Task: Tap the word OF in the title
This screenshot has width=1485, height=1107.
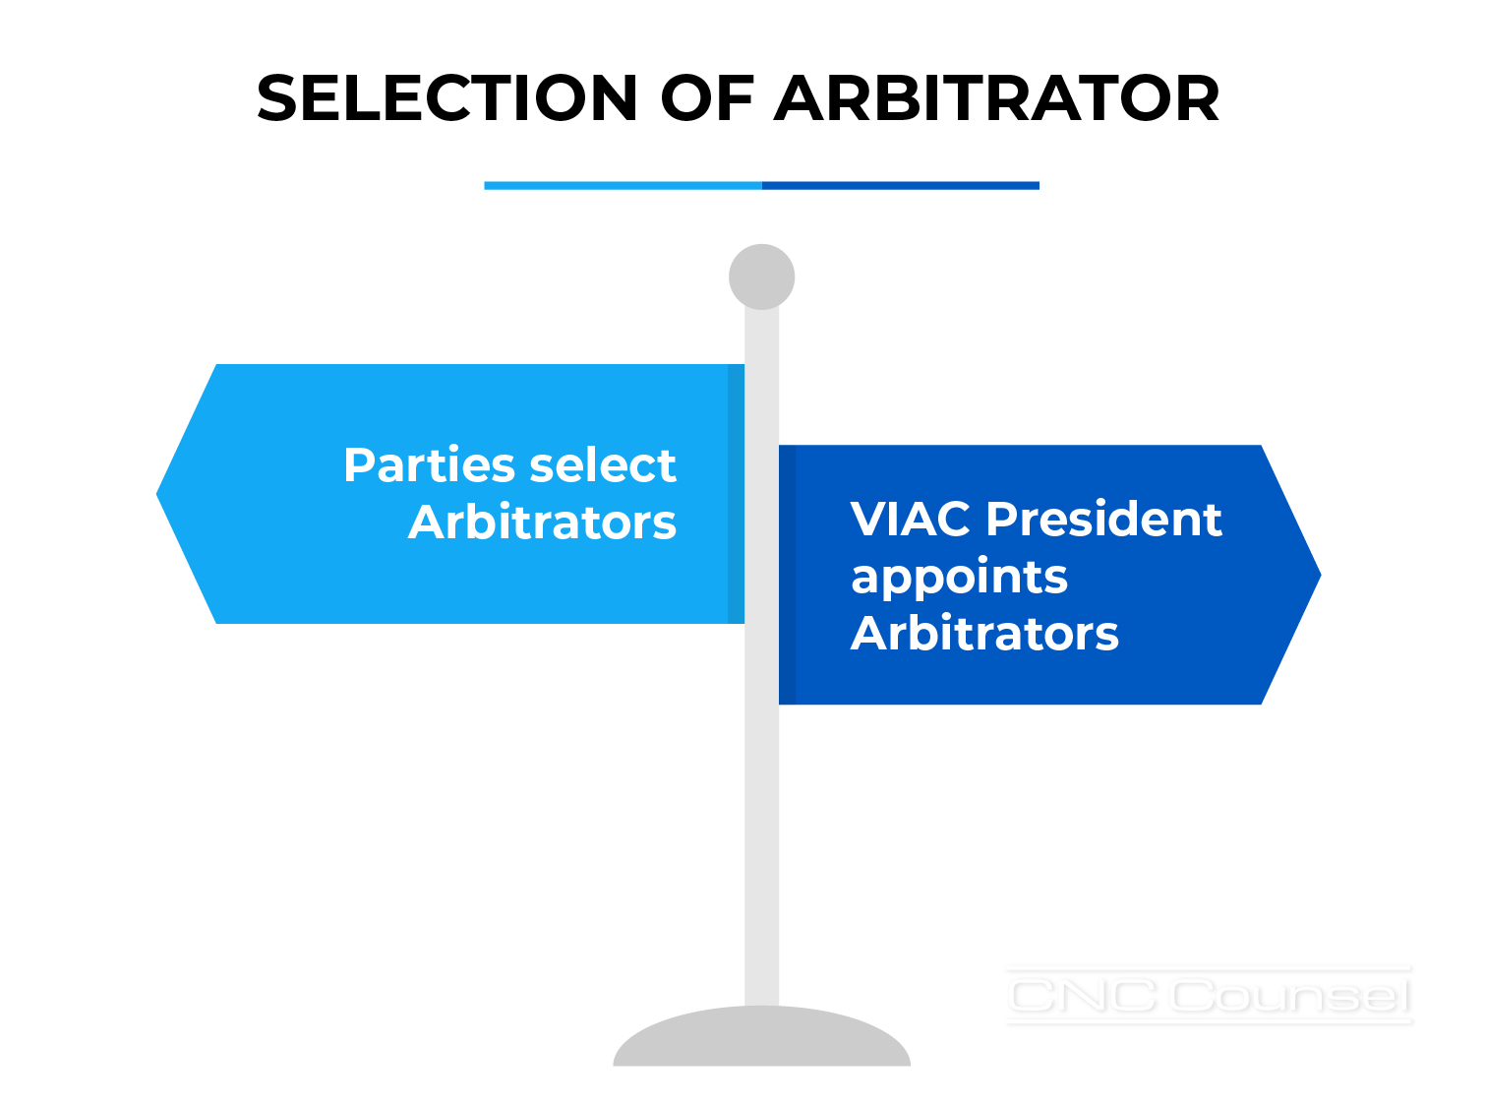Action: tap(707, 97)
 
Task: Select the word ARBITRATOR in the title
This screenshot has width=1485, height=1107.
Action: tap(995, 97)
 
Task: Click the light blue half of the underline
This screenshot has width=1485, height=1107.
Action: tap(623, 186)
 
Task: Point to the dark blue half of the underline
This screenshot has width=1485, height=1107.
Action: tap(901, 186)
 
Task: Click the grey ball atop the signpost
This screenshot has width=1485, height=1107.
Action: tap(761, 277)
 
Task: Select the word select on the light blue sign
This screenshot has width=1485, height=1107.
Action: tap(603, 464)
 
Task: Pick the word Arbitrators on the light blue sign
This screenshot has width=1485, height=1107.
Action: tap(542, 522)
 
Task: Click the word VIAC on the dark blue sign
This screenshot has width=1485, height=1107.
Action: tap(910, 519)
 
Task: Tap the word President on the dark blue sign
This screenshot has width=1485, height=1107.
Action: tap(1104, 519)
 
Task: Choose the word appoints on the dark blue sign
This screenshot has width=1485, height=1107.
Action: tap(959, 578)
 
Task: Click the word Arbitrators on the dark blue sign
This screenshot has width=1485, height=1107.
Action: tap(984, 633)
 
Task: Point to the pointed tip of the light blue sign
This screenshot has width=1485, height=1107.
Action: tap(156, 494)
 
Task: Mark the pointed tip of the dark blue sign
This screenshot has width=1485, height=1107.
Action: tap(1321, 575)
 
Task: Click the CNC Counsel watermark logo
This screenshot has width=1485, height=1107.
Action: tap(1210, 995)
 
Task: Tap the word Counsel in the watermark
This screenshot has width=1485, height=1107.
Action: tap(1290, 995)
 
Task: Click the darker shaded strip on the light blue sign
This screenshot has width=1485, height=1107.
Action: tap(736, 494)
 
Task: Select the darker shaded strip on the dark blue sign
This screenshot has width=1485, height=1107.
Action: tap(788, 575)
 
